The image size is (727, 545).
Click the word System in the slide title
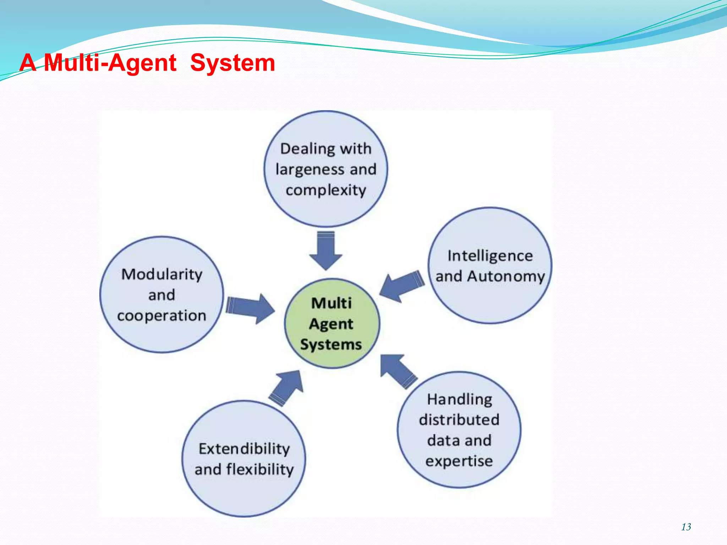coord(233,63)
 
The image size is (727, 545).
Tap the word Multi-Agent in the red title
coord(110,63)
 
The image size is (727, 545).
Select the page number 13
coord(686,527)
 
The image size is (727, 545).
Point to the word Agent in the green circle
coord(331,324)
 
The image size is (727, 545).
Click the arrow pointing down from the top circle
coord(326,251)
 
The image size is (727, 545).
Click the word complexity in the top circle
coord(326,190)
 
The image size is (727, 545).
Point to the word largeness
coord(310,170)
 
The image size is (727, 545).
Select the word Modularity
coord(162,274)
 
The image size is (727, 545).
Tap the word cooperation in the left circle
coord(162,315)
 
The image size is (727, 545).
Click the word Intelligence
coord(490,256)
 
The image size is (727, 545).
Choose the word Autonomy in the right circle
coord(505,276)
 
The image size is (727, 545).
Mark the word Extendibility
coord(244,449)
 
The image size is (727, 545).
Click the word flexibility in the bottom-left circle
coord(260,469)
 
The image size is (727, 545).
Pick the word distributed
coord(459,420)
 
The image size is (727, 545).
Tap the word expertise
coord(459,461)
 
